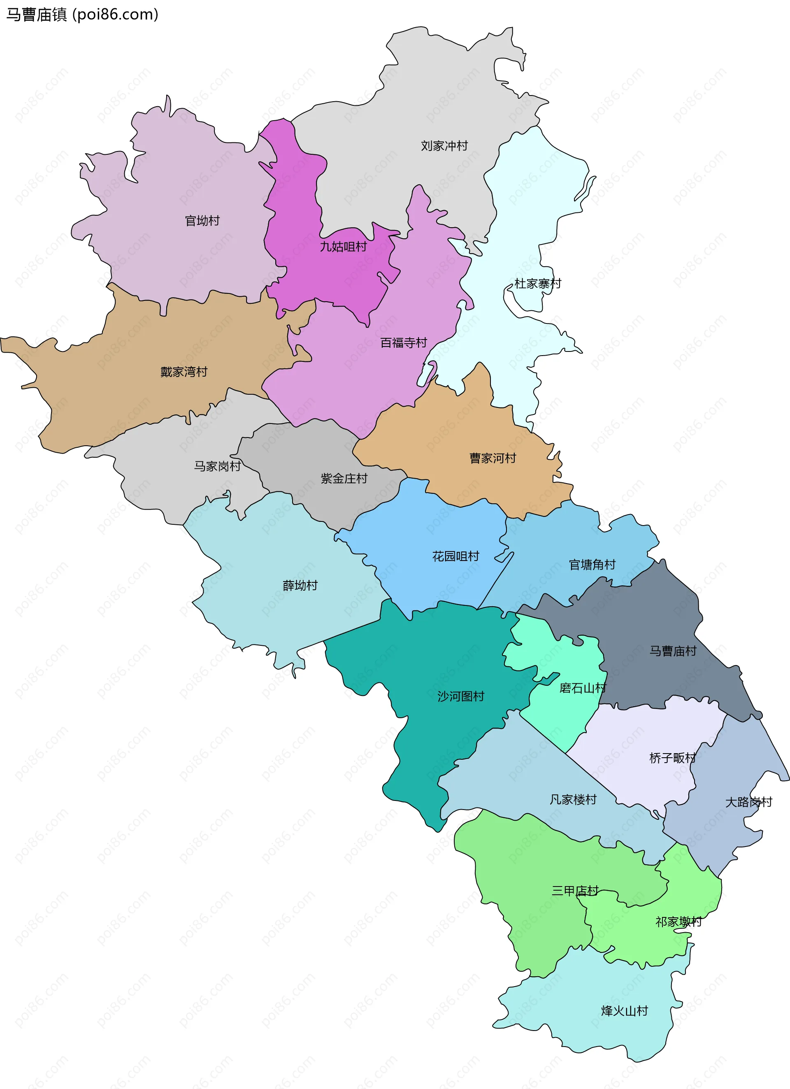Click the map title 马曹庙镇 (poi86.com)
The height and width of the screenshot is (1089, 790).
pyautogui.click(x=82, y=15)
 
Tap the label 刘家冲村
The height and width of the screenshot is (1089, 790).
pyautogui.click(x=444, y=146)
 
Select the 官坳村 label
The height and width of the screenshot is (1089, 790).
pyautogui.click(x=202, y=221)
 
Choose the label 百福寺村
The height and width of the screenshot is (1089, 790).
pyautogui.click(x=403, y=342)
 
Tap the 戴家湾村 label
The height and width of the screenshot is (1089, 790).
pyautogui.click(x=184, y=372)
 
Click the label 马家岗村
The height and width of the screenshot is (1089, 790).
pyautogui.click(x=217, y=466)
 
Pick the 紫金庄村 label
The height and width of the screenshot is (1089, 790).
pyautogui.click(x=344, y=478)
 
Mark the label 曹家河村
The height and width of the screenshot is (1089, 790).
pyautogui.click(x=493, y=458)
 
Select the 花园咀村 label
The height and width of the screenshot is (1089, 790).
pyautogui.click(x=455, y=556)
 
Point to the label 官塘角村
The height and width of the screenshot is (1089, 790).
pyautogui.click(x=592, y=564)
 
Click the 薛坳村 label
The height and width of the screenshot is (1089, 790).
pyautogui.click(x=300, y=585)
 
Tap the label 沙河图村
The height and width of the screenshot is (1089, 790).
pyautogui.click(x=461, y=696)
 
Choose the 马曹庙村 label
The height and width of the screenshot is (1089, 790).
pyautogui.click(x=672, y=651)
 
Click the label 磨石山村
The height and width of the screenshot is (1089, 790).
pyautogui.click(x=583, y=688)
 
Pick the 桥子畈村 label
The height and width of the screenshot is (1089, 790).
pyautogui.click(x=672, y=758)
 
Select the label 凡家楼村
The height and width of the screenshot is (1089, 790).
pyautogui.click(x=573, y=799)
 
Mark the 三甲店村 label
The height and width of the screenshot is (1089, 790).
pyautogui.click(x=575, y=891)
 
